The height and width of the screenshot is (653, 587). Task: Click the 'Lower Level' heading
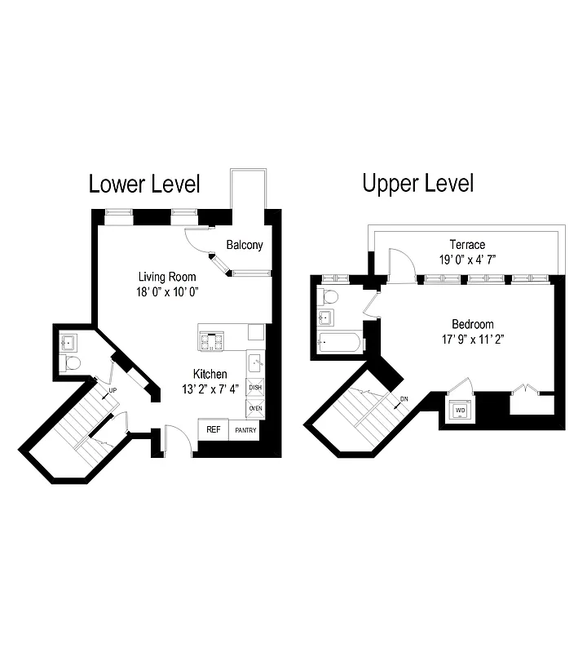(x=143, y=184)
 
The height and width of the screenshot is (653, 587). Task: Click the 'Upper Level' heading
(x=417, y=184)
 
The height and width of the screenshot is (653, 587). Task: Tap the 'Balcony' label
(x=245, y=245)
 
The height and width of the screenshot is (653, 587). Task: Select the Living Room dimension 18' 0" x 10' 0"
(x=168, y=291)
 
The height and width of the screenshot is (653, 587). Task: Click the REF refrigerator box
(x=213, y=429)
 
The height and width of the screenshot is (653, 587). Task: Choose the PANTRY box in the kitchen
(x=245, y=430)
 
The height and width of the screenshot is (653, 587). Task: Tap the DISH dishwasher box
(x=255, y=388)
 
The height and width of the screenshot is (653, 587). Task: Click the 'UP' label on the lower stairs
(x=113, y=391)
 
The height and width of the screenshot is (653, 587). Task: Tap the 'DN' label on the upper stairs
(x=404, y=400)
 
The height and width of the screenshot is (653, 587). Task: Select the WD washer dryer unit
(x=460, y=411)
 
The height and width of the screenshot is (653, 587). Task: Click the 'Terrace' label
(x=467, y=245)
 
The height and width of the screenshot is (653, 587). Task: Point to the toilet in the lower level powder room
(x=70, y=362)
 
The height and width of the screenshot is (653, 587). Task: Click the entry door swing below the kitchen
(x=178, y=441)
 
